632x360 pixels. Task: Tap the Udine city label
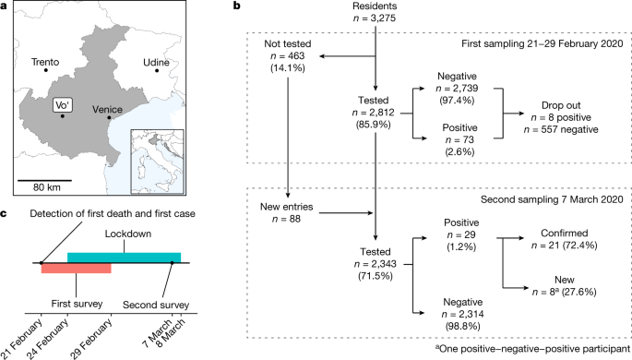[156, 62]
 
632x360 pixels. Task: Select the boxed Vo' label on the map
[62, 105]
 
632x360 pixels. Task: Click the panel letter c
[5, 215]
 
